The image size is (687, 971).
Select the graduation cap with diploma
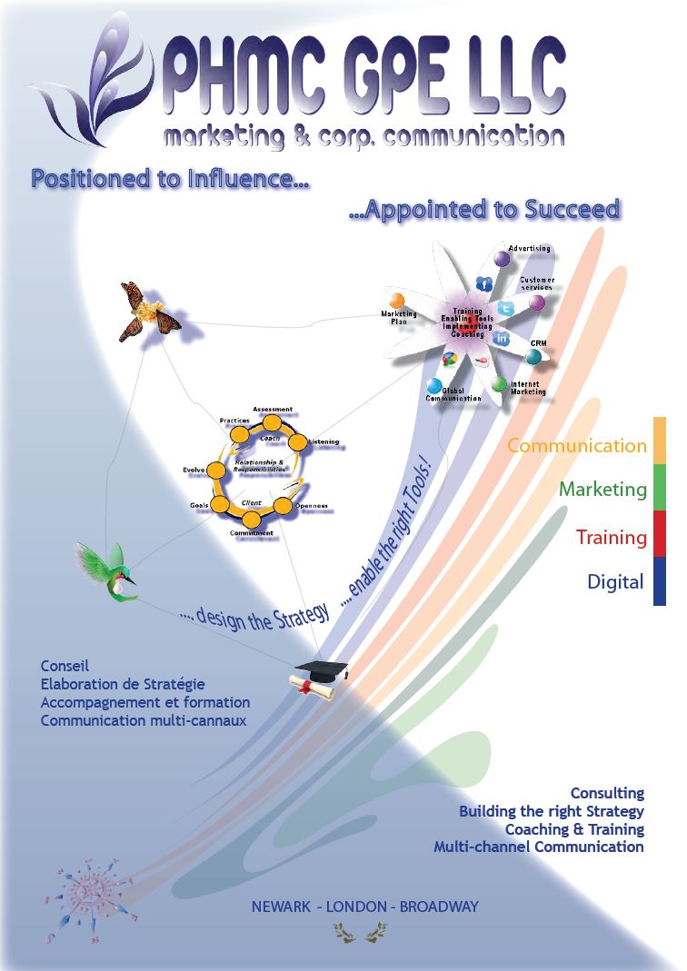[320, 677]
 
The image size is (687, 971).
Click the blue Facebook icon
[484, 284]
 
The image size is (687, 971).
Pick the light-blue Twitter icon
[506, 309]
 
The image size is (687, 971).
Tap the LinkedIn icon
[502, 338]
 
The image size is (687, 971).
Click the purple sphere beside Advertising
[502, 259]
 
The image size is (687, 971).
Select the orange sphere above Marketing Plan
[397, 301]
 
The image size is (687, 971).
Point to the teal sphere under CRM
[533, 357]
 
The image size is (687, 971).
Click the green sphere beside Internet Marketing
[499, 384]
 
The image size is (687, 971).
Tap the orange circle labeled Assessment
[271, 424]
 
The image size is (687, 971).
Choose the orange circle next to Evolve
[217, 470]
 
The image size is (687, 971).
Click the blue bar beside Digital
[660, 581]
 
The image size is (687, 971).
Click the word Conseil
[65, 666]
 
